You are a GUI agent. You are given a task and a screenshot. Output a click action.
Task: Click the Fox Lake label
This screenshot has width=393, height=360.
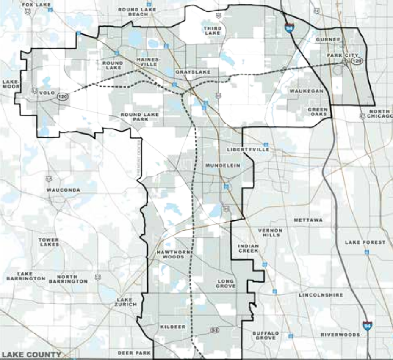click(36, 5)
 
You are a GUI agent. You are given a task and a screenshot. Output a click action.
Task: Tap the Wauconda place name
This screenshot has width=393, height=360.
click(64, 190)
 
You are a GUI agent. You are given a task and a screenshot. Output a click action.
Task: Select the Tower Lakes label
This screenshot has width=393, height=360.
click(49, 242)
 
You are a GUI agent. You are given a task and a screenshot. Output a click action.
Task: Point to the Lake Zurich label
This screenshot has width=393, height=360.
click(127, 302)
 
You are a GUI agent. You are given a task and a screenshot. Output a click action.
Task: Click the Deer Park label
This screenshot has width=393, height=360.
click(132, 352)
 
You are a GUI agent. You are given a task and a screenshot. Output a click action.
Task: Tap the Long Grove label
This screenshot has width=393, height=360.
click(225, 283)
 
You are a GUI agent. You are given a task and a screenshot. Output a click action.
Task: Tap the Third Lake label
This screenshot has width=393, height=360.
click(212, 30)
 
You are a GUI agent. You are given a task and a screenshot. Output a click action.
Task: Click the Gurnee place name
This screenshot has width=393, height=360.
click(328, 39)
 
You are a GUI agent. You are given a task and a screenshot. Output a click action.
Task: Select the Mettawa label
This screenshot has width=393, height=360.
click(308, 220)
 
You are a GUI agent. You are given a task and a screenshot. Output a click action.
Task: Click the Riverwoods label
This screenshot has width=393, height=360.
click(340, 335)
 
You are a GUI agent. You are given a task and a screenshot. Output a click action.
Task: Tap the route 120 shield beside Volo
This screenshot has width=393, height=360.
click(62, 97)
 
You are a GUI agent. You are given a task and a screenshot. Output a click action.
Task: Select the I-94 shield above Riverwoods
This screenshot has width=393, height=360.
click(368, 326)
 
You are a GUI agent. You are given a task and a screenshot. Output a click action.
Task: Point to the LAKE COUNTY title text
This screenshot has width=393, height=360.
click(32, 355)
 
